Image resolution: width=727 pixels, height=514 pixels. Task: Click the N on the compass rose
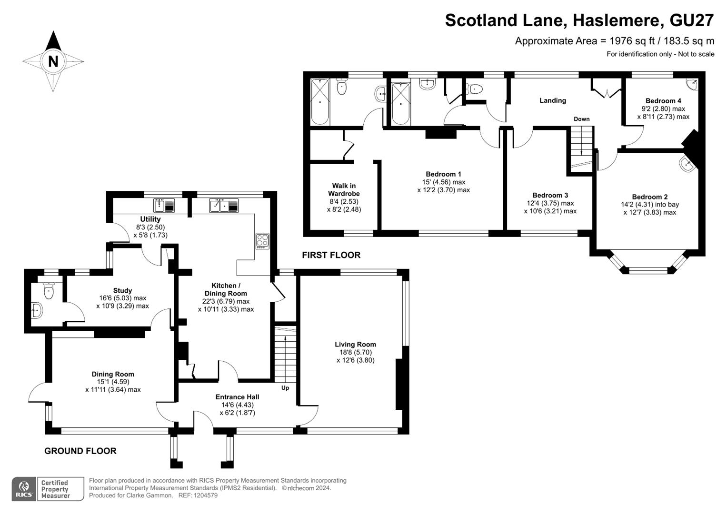[53, 61]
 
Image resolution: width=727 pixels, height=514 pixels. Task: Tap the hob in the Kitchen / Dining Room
[262, 241]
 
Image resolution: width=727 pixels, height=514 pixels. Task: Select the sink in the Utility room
[164, 206]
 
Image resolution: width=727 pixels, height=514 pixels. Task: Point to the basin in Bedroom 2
[687, 164]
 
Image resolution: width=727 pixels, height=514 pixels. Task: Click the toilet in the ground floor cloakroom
[49, 290]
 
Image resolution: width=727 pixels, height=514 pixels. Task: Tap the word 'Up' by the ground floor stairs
[285, 388]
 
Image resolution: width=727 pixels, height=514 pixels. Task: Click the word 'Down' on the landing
[582, 119]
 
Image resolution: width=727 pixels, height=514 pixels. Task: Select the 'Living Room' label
[355, 344]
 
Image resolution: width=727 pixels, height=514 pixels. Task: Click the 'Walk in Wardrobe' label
[344, 189]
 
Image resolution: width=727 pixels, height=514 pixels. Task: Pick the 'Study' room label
[122, 290]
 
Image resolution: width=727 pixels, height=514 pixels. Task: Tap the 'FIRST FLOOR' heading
[331, 255]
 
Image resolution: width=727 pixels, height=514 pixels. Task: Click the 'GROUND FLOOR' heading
[80, 451]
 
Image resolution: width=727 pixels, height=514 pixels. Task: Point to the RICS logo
[24, 489]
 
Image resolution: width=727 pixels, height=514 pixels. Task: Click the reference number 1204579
[205, 495]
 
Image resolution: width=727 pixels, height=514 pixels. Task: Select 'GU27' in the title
[692, 20]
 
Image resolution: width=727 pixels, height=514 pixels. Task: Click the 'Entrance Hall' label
[237, 397]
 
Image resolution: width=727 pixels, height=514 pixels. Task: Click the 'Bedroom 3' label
[550, 195]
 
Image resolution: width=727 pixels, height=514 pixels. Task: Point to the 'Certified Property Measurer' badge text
[55, 489]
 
